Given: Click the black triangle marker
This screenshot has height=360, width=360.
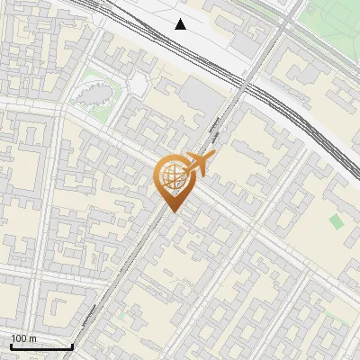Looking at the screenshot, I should [x=181, y=24].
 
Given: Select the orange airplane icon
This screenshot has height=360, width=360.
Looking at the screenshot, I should [x=199, y=164].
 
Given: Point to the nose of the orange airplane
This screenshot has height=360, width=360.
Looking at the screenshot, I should [x=215, y=154].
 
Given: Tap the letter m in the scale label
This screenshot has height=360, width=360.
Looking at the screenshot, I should [x=32, y=338].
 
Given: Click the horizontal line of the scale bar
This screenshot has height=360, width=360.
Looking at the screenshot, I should [x=41, y=346].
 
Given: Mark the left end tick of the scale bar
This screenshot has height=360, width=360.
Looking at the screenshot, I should [x=11, y=346].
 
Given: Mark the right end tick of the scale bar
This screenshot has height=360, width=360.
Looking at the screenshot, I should [x=72, y=346].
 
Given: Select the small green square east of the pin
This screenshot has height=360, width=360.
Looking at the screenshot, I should [x=336, y=221].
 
